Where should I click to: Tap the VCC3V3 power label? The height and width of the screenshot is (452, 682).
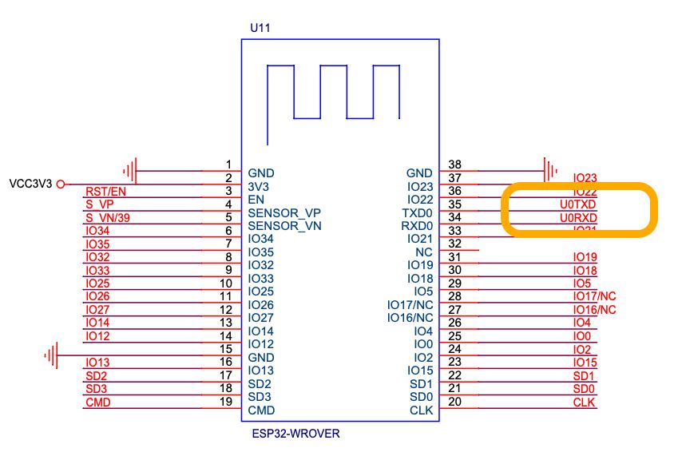coord(29,184)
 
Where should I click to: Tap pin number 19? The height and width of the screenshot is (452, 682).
coord(225,398)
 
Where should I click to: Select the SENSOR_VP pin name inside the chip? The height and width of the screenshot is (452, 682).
coord(284,212)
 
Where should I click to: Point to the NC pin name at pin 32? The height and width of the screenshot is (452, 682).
coord(424,252)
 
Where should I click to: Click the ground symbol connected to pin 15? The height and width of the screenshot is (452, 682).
coord(53,354)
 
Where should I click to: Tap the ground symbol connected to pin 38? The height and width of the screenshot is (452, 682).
coord(550,169)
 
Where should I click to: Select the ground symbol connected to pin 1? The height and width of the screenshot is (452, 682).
coord(131,169)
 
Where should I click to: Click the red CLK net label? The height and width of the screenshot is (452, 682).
coord(585,402)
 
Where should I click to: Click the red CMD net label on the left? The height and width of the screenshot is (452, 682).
coord(97,402)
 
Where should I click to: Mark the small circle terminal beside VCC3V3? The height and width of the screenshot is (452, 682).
coord(60,184)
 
